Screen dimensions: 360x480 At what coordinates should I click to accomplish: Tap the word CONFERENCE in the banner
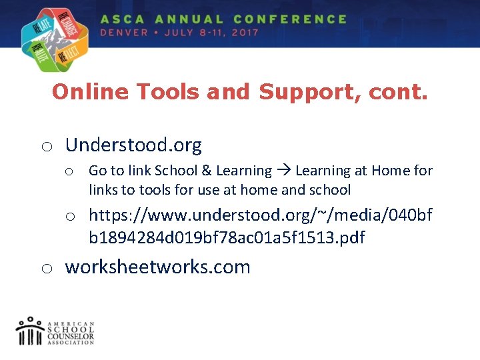(291, 19)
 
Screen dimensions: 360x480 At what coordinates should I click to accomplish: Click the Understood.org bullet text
(133, 145)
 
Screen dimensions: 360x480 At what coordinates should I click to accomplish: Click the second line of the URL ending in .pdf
(227, 238)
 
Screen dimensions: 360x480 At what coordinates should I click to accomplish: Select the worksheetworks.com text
(157, 267)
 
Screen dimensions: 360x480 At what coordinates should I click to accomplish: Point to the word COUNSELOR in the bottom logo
(71, 337)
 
